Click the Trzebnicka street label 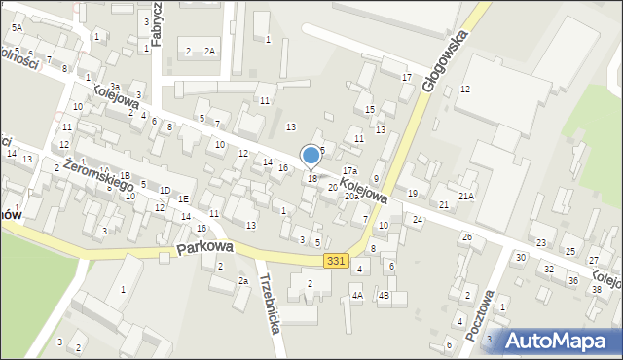(271, 303)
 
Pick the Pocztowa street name (478, 314)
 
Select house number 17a (349, 171)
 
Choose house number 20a (350, 196)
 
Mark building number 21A (466, 196)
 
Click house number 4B (385, 295)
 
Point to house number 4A (357, 295)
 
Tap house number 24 (417, 220)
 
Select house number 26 (466, 237)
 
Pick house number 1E (182, 198)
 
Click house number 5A (17, 27)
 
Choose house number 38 (596, 290)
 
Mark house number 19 (412, 194)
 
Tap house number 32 (548, 269)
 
